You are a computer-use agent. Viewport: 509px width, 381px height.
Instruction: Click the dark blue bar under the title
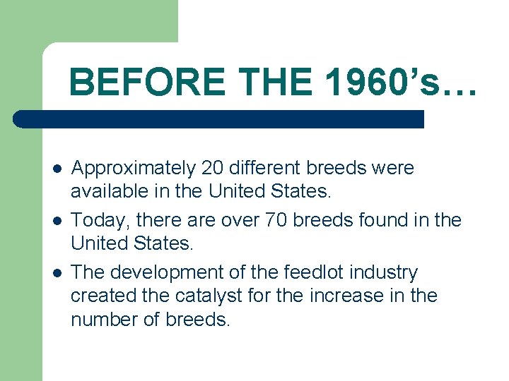tap(219, 119)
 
